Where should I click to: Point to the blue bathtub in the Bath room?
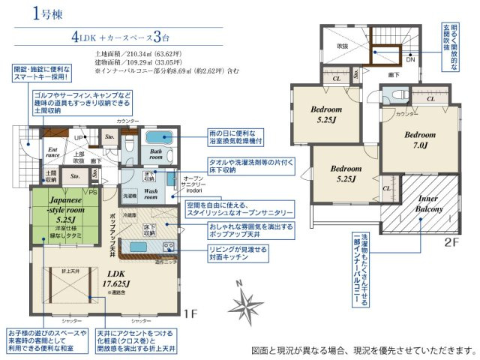[x=159, y=137]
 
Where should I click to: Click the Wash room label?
[x=151, y=195]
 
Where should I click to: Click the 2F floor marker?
[x=451, y=241]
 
